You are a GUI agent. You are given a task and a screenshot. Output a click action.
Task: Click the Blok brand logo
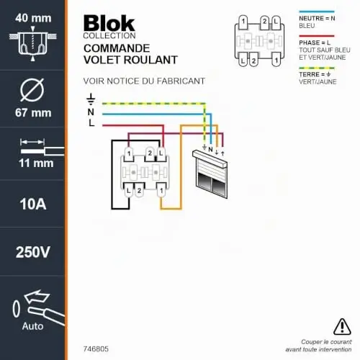click(x=109, y=23)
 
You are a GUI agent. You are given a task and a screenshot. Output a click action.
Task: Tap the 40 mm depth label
click(x=33, y=18)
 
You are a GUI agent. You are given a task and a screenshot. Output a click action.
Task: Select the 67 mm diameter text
click(x=33, y=113)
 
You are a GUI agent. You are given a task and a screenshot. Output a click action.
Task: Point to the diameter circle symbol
click(x=32, y=90)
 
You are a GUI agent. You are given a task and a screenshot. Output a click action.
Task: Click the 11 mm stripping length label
click(x=36, y=163)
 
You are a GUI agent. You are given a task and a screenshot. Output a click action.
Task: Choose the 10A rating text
click(x=33, y=204)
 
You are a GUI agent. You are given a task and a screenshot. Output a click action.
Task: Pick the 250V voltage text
click(x=33, y=252)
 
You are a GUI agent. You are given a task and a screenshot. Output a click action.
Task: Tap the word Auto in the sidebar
click(x=32, y=326)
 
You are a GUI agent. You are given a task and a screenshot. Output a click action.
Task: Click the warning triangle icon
click(x=342, y=327)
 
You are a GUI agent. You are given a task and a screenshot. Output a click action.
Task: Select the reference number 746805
click(x=96, y=349)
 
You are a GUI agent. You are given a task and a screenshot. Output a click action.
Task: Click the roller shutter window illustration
click(x=210, y=174)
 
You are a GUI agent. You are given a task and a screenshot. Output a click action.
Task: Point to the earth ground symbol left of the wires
click(x=91, y=99)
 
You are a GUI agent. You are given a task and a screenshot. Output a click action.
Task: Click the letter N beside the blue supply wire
click(x=91, y=112)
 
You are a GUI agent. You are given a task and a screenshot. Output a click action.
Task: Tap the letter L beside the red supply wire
click(x=91, y=123)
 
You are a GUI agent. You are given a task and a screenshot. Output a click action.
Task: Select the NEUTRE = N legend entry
click(x=317, y=18)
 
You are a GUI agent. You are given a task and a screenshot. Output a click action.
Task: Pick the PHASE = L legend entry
click(x=315, y=42)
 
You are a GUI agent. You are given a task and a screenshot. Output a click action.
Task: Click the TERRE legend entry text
click(x=315, y=74)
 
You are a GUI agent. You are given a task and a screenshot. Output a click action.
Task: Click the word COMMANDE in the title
click(x=117, y=48)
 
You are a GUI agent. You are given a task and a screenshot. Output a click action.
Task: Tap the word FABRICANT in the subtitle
click(x=181, y=81)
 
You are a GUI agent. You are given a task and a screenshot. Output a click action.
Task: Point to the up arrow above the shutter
click(x=222, y=153)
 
